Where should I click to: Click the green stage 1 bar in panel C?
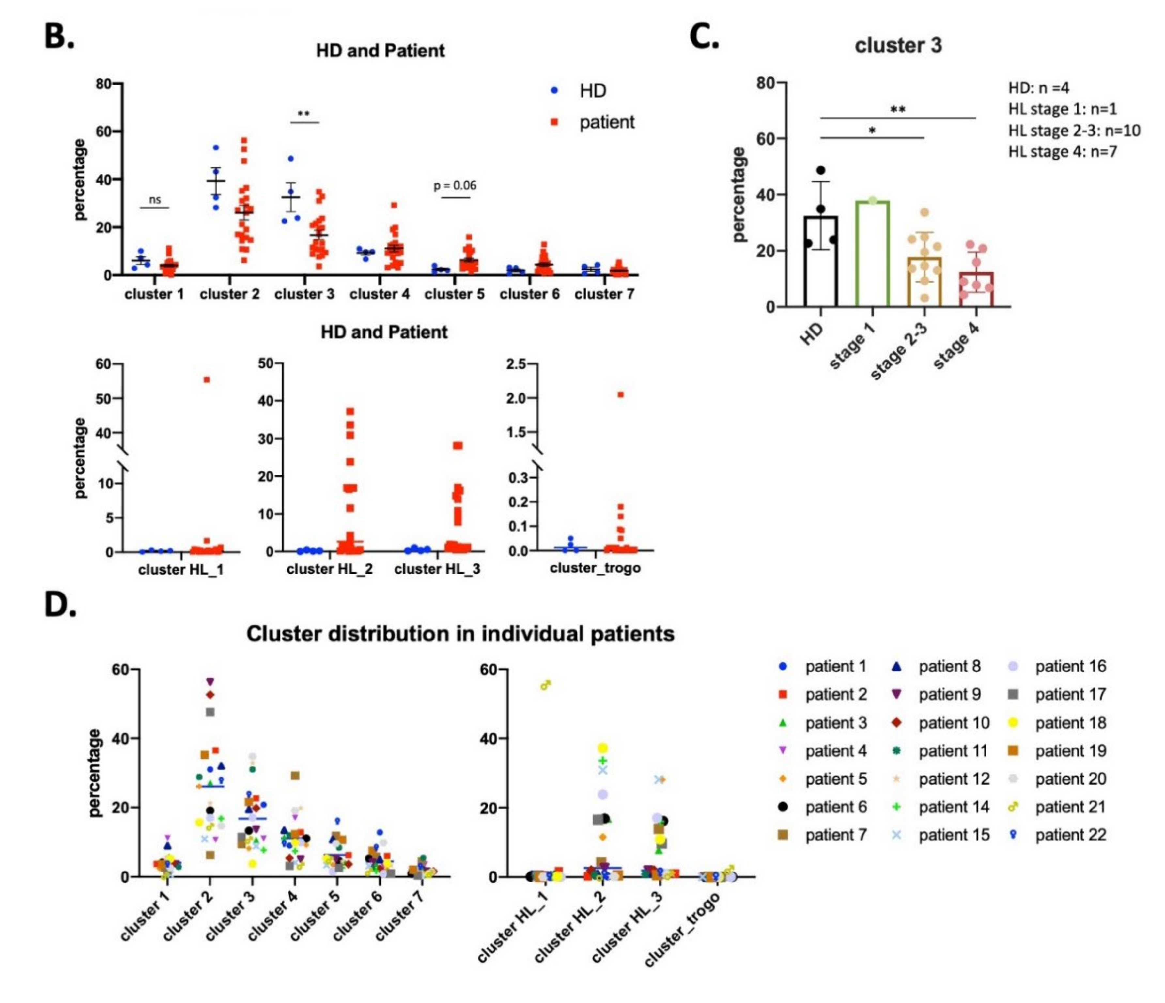(872, 253)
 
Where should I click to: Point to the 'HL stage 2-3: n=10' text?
(1074, 131)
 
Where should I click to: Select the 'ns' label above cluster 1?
(155, 200)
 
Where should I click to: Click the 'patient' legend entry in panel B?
(606, 122)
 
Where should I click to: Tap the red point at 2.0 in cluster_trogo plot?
(621, 395)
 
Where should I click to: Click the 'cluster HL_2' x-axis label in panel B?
(330, 569)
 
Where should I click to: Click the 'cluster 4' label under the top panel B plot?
(380, 294)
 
